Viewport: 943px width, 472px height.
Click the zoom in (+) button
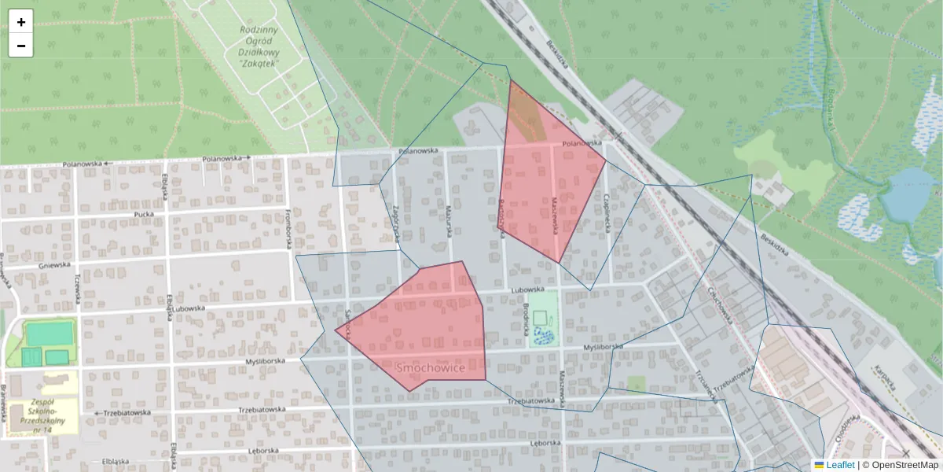point(21,22)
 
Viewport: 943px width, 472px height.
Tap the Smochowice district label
point(431,368)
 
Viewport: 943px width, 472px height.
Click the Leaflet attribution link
point(839,465)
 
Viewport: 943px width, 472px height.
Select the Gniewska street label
point(54,266)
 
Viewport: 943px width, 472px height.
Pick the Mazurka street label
point(449,216)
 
